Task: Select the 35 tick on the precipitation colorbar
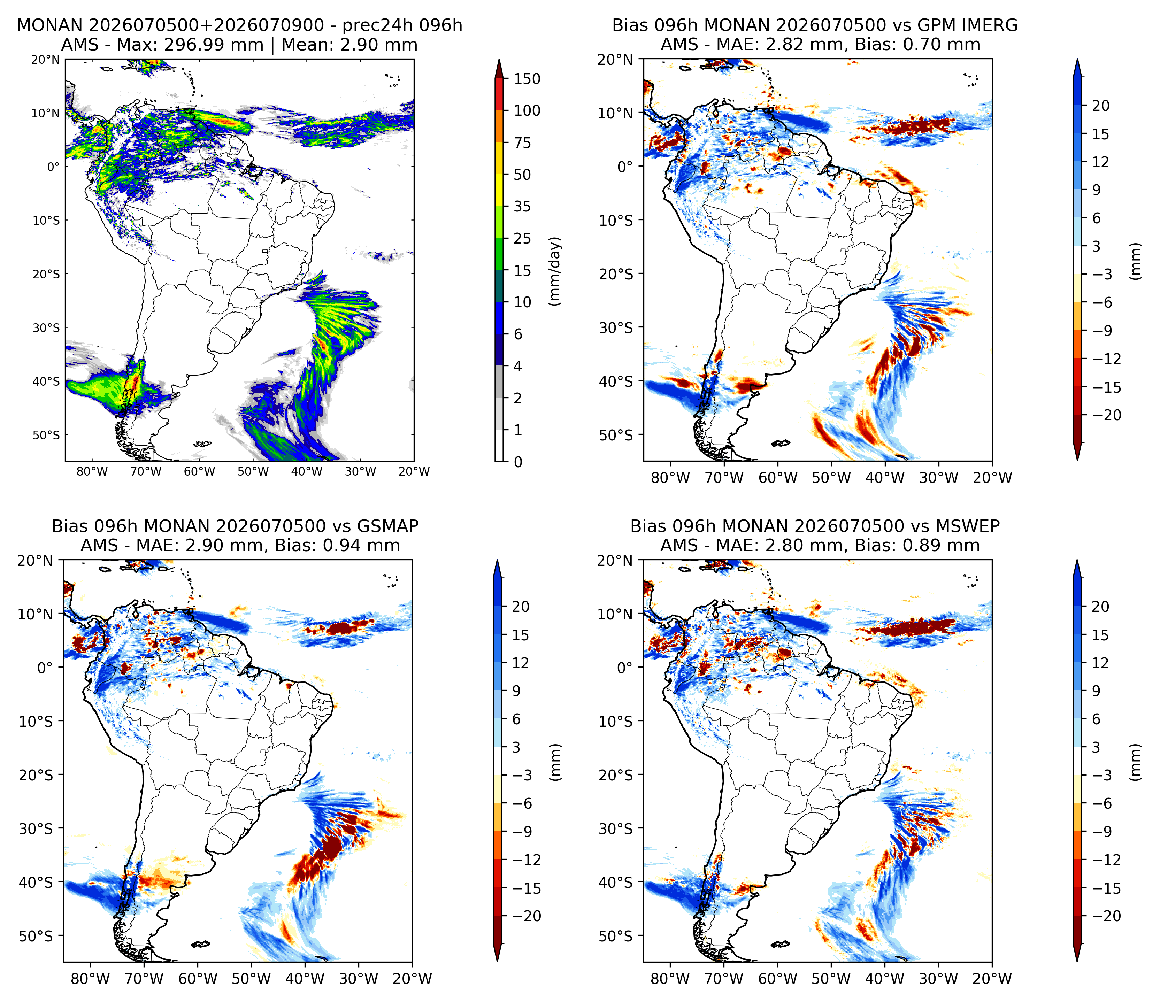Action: tap(522, 207)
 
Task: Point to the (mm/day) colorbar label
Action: tap(554, 271)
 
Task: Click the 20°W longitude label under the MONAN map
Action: tap(414, 472)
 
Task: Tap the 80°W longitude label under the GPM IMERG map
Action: tap(670, 478)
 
